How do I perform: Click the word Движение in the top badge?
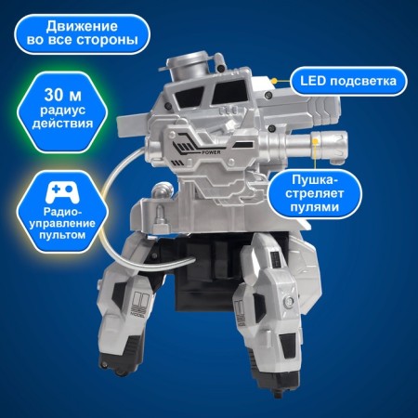point(82,27)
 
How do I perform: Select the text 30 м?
point(62,95)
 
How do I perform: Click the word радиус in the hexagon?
point(62,111)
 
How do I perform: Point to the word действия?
point(62,124)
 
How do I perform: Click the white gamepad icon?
point(62,192)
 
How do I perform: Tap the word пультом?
point(62,235)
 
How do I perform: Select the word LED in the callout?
point(313,81)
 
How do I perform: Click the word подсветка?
point(363,81)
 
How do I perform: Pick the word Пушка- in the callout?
point(314,180)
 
